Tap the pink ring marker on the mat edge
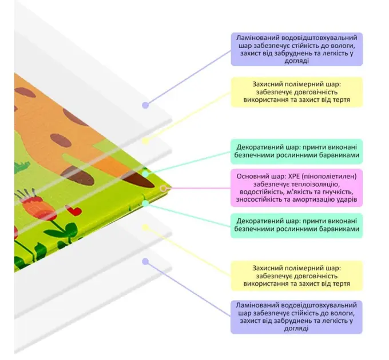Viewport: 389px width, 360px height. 163,189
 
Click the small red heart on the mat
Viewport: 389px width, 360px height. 73,210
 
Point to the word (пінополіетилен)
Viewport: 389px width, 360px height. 329,177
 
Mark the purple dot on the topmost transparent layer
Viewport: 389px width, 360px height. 145,105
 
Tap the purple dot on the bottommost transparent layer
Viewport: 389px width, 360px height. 145,261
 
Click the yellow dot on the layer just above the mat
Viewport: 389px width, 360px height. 145,141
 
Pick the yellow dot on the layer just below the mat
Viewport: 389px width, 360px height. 145,227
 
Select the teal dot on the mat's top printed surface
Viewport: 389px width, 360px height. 145,174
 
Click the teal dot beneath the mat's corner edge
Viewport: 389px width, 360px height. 145,203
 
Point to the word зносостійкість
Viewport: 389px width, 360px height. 257,199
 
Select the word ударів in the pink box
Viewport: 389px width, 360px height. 346,199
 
